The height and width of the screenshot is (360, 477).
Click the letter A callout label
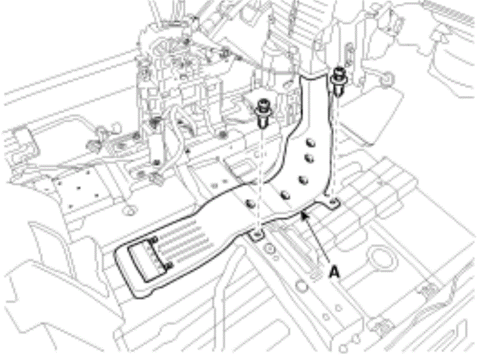(334, 271)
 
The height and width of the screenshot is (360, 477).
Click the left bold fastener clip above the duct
(262, 113)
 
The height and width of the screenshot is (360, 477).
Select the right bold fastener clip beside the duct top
(338, 81)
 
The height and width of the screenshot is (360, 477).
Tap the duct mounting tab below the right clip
(332, 203)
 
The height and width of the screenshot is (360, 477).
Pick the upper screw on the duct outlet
(153, 240)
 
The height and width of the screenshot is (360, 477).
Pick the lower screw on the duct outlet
(170, 266)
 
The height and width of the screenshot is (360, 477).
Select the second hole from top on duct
(309, 158)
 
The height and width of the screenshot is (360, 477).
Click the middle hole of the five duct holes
(303, 181)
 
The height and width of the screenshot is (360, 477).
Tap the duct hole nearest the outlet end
(250, 203)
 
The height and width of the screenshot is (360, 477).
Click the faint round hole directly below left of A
(302, 286)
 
